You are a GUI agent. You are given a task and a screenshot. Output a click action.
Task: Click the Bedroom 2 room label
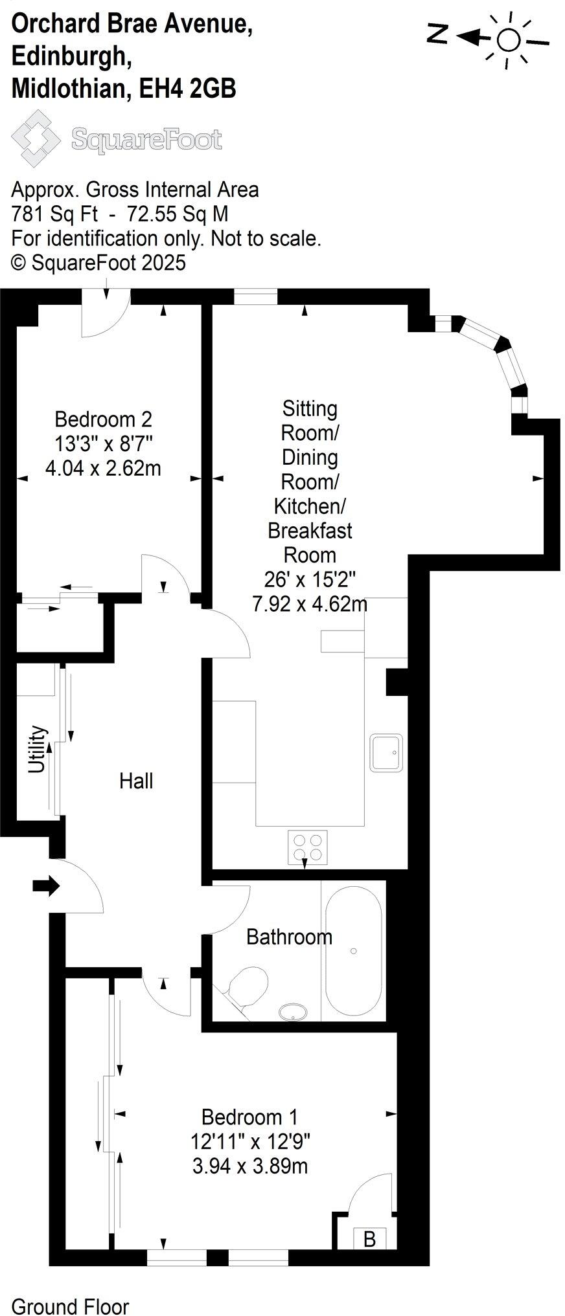tap(103, 419)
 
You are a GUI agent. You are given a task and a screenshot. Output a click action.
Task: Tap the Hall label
tap(136, 781)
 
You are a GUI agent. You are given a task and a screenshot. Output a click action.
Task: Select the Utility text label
tap(38, 749)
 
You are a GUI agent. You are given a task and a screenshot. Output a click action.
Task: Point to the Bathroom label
tap(289, 937)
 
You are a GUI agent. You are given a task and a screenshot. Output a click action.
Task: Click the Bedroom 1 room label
tap(249, 1117)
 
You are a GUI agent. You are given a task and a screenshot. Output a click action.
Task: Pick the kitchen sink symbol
tap(386, 752)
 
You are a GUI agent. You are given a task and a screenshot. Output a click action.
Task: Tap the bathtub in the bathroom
tap(353, 950)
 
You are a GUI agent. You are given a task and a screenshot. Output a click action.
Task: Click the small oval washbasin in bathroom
tap(294, 1012)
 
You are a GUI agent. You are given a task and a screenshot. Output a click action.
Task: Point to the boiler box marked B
tap(369, 1239)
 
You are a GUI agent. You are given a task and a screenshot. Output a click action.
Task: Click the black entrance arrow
tap(46, 886)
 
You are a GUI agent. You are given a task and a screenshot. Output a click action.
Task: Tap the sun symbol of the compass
tap(509, 40)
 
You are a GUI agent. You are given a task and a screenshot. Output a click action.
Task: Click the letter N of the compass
tap(438, 34)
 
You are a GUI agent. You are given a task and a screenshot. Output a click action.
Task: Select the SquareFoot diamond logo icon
tap(36, 138)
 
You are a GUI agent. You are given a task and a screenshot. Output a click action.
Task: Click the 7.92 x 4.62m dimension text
tap(310, 604)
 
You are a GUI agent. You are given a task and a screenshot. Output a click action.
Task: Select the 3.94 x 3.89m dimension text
tap(249, 1166)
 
